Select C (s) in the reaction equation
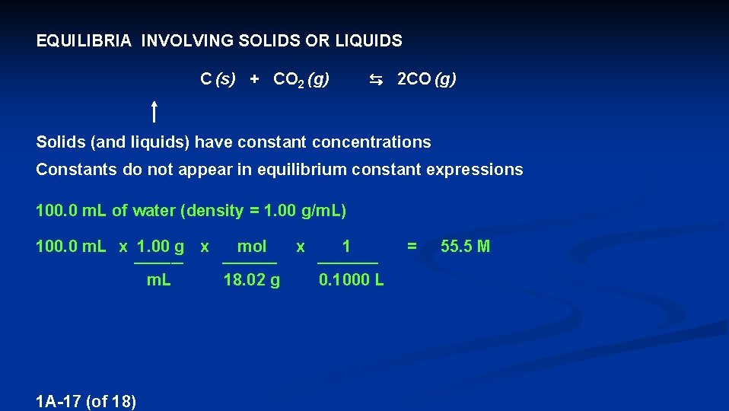[218, 79]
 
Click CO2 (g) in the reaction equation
[301, 79]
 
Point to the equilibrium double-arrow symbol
[375, 79]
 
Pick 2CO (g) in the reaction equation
[427, 79]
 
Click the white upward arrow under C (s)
[154, 112]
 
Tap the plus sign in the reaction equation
[254, 79]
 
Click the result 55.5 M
[466, 247]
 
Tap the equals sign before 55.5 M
[412, 247]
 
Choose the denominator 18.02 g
[251, 281]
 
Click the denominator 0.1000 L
[352, 281]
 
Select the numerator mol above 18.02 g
[252, 247]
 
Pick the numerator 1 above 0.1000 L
[347, 247]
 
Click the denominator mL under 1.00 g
[158, 281]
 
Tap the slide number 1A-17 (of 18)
[85, 401]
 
